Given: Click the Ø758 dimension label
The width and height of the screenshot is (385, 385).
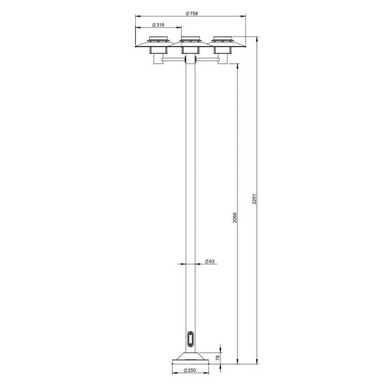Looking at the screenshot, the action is pos(192,14).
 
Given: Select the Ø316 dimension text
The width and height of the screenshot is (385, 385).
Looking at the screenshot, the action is pos(158,24).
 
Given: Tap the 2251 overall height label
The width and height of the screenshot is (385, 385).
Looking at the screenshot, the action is pos(255,199).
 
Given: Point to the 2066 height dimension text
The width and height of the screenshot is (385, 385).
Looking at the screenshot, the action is pos(235,218).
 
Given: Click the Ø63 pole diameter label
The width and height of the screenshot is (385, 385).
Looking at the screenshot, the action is pos(210,261).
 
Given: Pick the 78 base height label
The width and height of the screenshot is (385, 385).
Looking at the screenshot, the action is pos(218,358).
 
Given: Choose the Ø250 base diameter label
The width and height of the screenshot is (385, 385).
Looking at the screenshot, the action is pos(190,370).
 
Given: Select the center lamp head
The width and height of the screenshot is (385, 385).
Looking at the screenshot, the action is pos(190,45).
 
